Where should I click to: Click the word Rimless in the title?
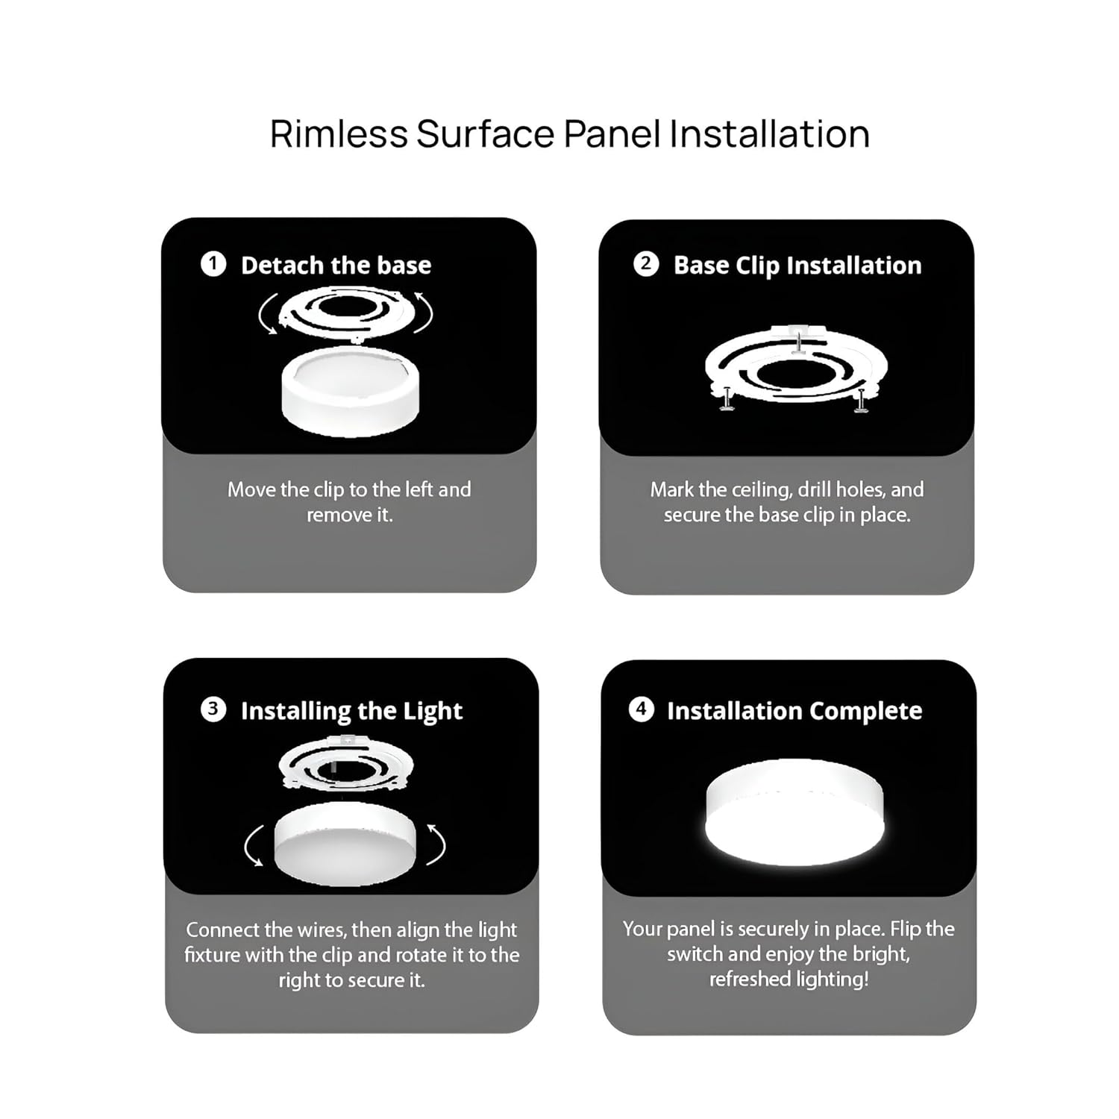coord(339,134)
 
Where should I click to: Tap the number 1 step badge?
coord(213,264)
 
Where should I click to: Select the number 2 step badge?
coord(646,264)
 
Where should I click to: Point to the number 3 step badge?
coord(213,709)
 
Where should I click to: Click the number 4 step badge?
coord(641,709)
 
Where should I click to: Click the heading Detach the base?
coord(336,265)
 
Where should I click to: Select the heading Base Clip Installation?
coord(797,266)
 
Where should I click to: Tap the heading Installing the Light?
coord(351,711)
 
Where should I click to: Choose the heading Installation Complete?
coord(794,711)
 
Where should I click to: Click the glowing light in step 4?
coord(794,813)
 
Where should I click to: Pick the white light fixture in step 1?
coord(350,391)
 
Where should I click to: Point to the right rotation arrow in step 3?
coord(438,844)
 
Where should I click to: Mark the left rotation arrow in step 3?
coord(251,846)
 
